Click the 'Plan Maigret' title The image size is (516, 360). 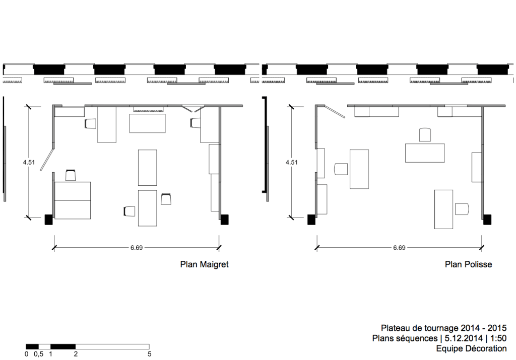click(x=204, y=265)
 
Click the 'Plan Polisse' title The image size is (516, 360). click(x=468, y=265)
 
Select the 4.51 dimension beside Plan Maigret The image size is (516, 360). click(x=29, y=163)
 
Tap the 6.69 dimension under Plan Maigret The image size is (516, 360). click(x=137, y=248)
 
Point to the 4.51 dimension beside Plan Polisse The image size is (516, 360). click(x=292, y=163)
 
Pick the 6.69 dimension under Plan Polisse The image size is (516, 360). click(x=399, y=248)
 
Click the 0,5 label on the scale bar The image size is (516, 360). click(x=38, y=354)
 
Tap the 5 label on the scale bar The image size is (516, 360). click(x=149, y=354)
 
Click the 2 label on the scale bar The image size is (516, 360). click(x=76, y=354)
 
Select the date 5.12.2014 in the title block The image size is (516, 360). click(x=464, y=338)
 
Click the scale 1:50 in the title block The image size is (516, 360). click(x=498, y=338)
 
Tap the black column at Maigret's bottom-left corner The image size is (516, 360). click(x=49, y=220)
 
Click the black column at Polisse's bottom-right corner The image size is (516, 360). click(x=487, y=220)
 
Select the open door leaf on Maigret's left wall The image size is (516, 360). click(x=47, y=160)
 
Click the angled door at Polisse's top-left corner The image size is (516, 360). click(x=335, y=111)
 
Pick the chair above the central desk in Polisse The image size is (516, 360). click(x=425, y=135)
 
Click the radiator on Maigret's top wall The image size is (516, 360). click(x=149, y=109)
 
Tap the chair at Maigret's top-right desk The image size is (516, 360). click(x=195, y=123)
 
